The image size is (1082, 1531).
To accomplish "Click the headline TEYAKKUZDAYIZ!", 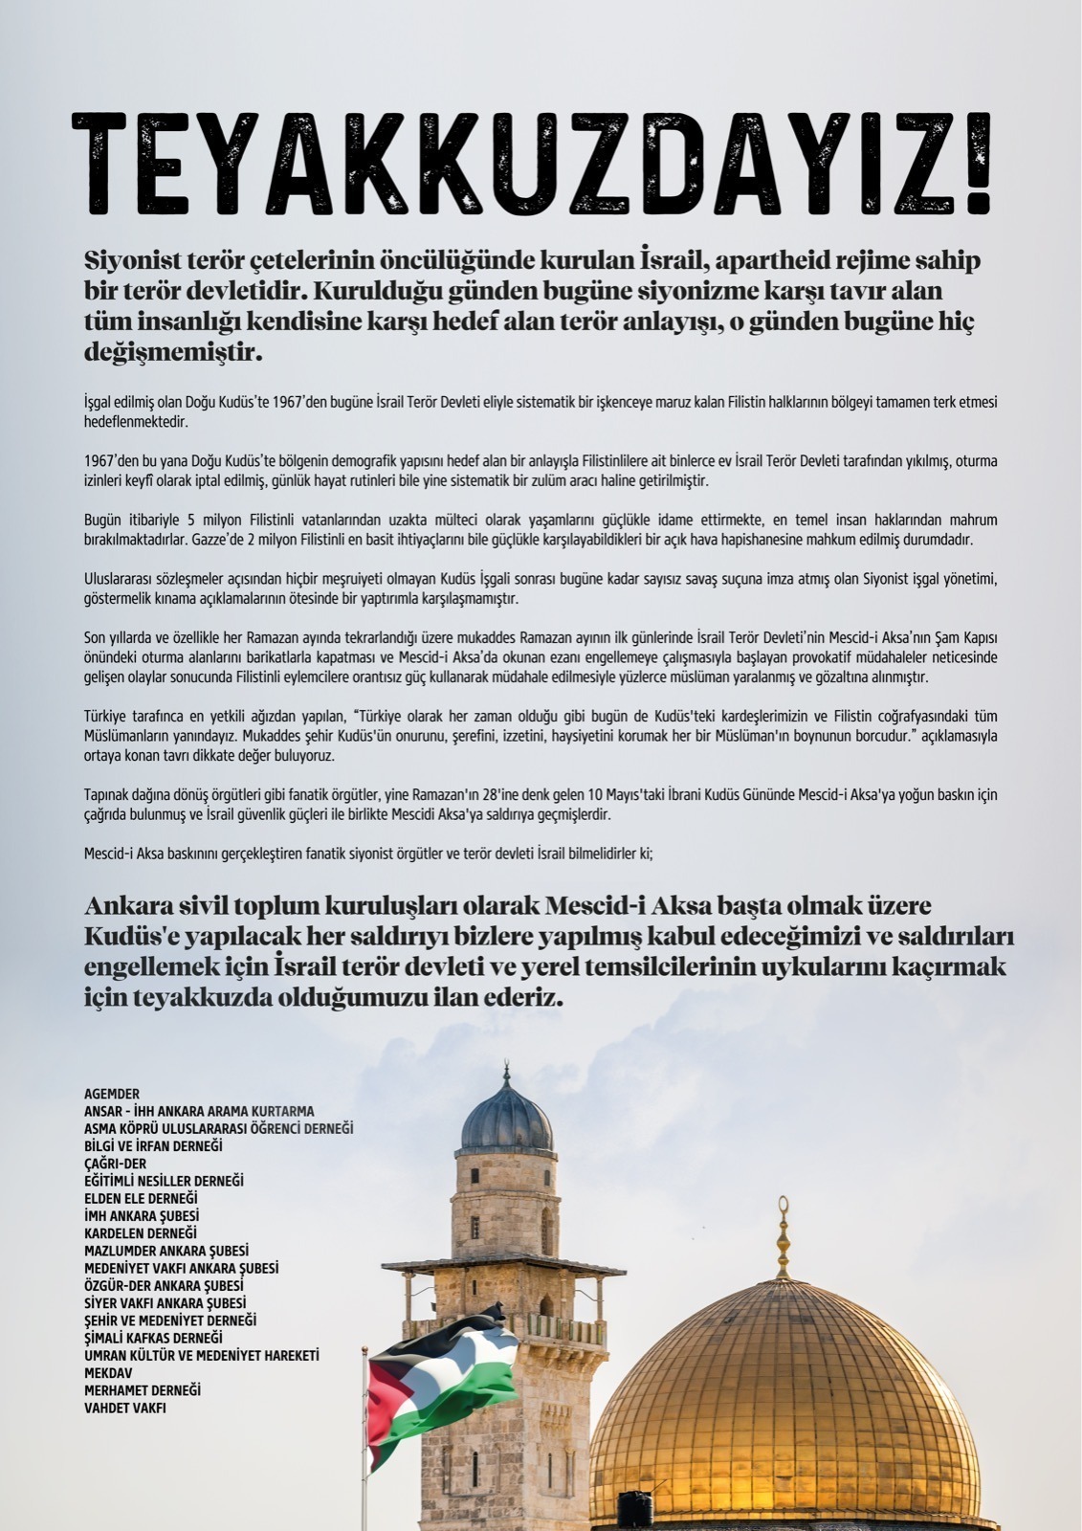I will coord(531,165).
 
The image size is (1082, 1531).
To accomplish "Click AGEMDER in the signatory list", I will coord(112,1094).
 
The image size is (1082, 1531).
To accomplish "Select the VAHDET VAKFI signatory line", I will coord(125,1408).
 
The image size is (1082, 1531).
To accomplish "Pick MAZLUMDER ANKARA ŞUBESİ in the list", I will coord(166,1251).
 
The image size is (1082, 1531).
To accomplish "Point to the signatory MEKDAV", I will coord(106,1372).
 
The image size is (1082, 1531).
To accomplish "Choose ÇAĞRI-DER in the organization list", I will coord(116,1164).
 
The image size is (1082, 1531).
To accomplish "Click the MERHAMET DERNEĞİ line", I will coord(143,1389).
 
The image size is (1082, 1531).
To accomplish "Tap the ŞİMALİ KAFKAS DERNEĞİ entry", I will coord(153,1338).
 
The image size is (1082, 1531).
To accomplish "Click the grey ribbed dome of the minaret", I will coord(507,1117).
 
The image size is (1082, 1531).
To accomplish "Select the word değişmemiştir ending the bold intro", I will coord(172,353).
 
